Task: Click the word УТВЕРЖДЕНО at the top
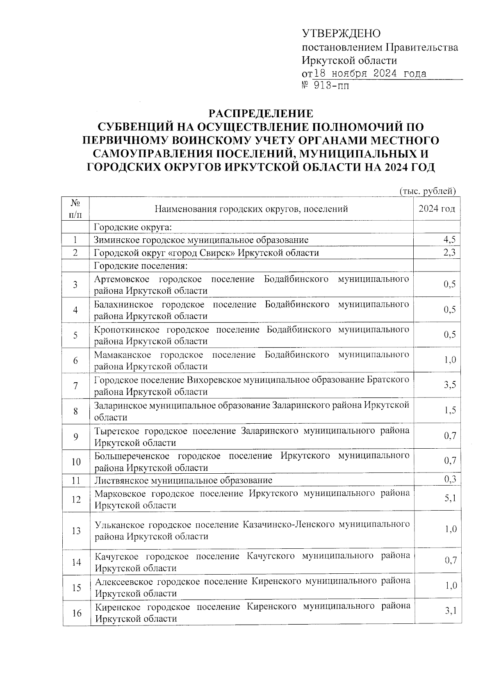coord(341,34)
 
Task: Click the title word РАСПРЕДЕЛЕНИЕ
coord(261,114)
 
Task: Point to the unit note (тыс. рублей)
coord(428,191)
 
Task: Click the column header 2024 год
coord(437,209)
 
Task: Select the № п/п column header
coord(75,209)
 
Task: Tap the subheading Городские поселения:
coord(141,266)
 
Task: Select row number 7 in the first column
coord(75,386)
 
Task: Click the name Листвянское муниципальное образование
coord(183,480)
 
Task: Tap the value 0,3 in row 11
coord(450,479)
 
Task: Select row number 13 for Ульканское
coord(76,531)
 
